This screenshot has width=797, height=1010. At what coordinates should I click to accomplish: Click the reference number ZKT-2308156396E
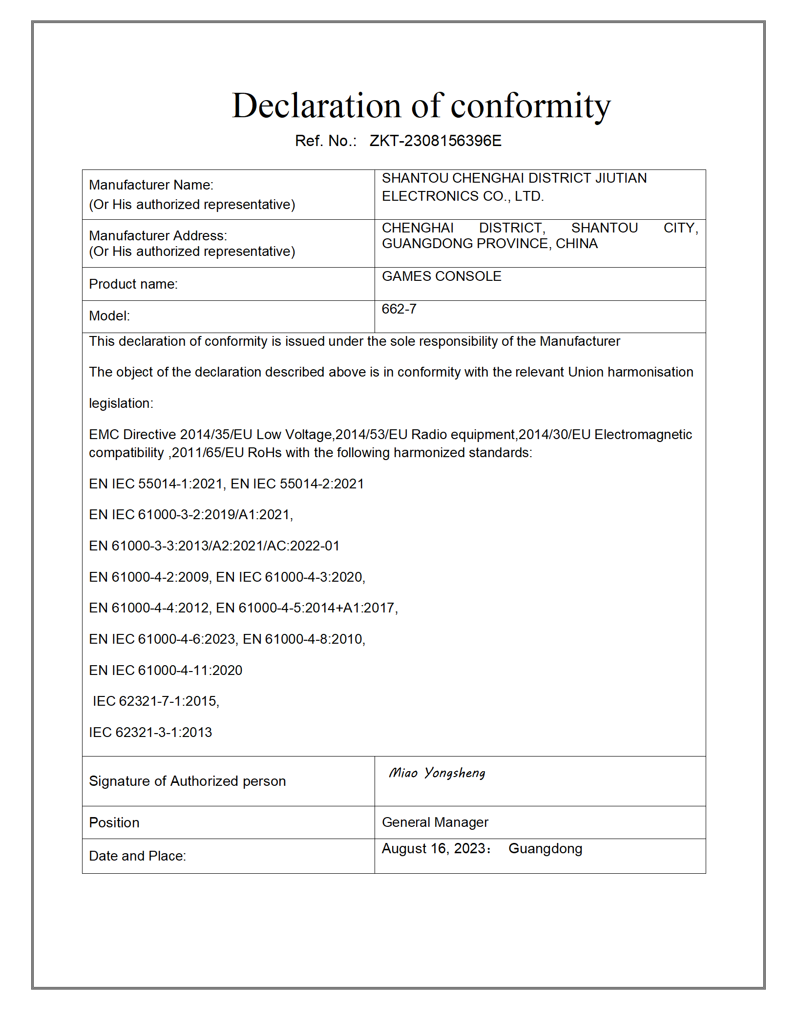click(435, 141)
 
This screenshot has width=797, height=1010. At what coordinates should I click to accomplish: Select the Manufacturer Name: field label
click(151, 185)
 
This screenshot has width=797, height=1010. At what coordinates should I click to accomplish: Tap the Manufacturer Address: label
click(158, 236)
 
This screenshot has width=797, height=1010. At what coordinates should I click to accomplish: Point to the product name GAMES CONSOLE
click(441, 276)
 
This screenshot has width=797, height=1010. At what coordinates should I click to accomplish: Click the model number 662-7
click(399, 309)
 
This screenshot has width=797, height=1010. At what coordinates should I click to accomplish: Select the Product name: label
click(133, 284)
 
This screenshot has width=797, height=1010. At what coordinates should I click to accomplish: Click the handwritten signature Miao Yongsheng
click(437, 773)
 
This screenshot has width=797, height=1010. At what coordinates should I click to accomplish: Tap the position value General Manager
click(435, 822)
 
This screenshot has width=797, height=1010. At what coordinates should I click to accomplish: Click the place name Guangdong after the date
click(545, 849)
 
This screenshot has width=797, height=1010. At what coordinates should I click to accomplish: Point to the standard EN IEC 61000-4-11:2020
click(166, 671)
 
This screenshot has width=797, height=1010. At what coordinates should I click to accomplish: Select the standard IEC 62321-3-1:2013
click(150, 733)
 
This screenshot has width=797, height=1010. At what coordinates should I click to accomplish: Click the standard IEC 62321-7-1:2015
click(156, 701)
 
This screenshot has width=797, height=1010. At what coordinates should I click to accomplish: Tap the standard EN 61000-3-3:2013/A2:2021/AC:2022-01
click(214, 546)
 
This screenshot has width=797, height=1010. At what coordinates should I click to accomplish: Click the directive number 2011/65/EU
click(208, 453)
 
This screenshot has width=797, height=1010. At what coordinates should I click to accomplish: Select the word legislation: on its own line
click(121, 403)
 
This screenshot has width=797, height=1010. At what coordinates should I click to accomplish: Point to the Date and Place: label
click(137, 856)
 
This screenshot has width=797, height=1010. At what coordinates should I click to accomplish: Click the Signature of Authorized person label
click(187, 781)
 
